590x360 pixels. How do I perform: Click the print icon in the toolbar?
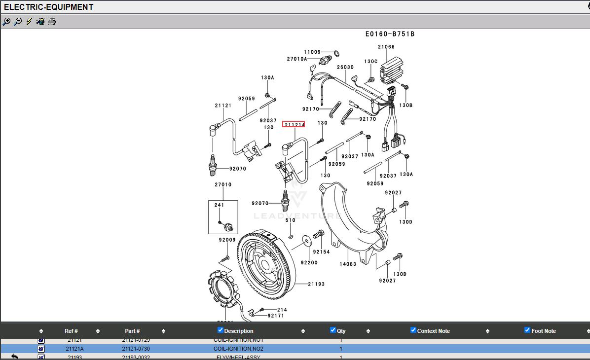click(52, 22)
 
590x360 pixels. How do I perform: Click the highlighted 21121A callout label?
click(294, 124)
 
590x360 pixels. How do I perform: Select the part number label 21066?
click(386, 47)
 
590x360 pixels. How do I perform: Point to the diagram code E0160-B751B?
click(390, 34)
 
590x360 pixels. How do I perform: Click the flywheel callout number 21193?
click(316, 284)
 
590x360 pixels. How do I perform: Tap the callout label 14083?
click(348, 264)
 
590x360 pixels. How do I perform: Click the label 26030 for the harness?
click(345, 67)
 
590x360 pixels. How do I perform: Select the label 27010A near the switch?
click(297, 59)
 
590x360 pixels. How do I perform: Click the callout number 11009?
click(312, 52)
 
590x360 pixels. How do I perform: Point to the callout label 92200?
click(309, 263)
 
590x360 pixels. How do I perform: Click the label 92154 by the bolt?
click(321, 252)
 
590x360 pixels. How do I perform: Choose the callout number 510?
click(291, 220)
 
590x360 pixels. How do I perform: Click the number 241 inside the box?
click(219, 205)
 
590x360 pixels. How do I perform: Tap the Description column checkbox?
click(221, 330)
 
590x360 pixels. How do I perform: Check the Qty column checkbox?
click(333, 330)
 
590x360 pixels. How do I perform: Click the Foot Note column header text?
click(544, 331)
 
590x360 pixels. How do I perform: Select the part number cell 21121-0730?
click(136, 349)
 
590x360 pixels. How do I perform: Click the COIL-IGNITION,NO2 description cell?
click(238, 349)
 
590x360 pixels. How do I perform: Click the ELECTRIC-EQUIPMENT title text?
click(48, 7)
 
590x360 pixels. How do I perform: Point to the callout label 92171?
click(276, 316)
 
